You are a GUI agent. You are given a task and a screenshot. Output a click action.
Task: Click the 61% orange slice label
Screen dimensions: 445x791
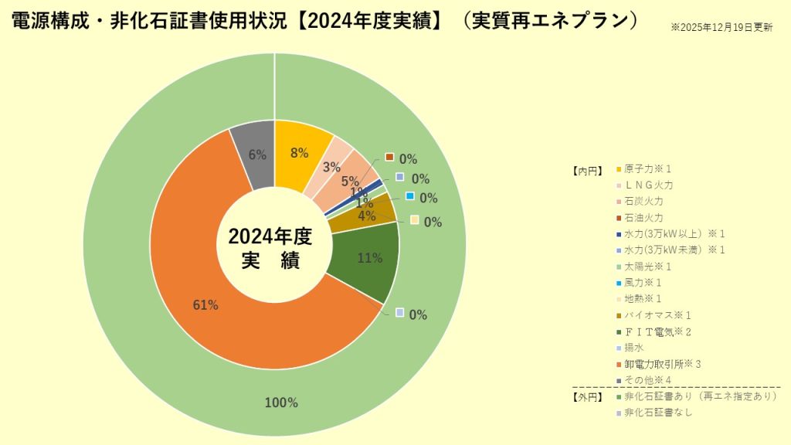(205, 305)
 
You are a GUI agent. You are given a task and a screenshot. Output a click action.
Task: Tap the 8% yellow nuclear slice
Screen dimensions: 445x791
(300, 153)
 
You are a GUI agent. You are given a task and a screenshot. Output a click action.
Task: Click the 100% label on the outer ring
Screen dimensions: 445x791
(281, 403)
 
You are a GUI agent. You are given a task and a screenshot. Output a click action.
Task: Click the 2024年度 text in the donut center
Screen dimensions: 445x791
(269, 236)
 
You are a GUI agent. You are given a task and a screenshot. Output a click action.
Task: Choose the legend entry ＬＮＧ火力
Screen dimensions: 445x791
(649, 185)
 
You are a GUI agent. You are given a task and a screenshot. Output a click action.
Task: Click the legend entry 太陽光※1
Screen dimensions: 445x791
(647, 267)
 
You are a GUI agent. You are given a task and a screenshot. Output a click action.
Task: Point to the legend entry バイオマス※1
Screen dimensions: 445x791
(657, 315)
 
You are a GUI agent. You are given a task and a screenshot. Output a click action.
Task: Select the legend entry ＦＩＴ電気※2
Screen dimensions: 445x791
(657, 331)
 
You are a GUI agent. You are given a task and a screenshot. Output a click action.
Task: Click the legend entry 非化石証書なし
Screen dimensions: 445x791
(658, 413)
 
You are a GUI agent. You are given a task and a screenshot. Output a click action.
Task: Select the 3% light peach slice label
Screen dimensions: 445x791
(331, 167)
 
